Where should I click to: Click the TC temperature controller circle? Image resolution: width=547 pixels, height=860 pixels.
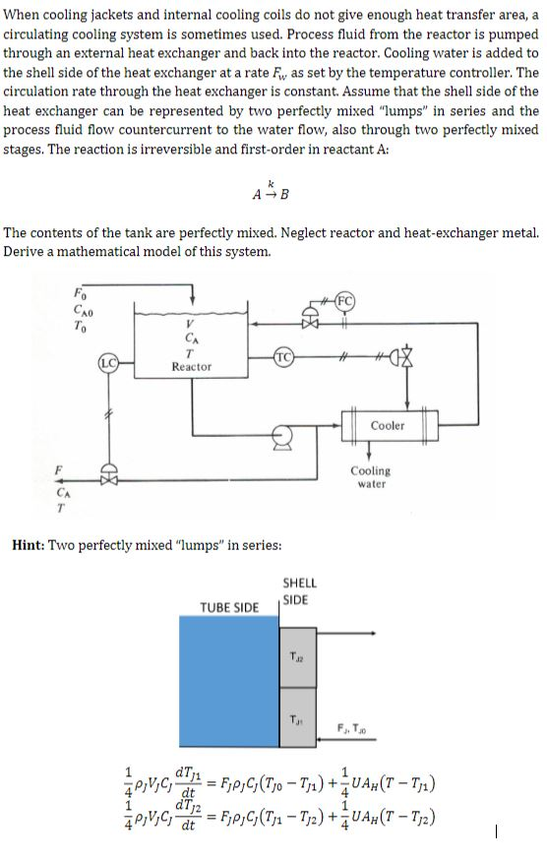[x=282, y=354]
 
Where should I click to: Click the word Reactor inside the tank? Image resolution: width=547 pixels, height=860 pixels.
[x=191, y=366]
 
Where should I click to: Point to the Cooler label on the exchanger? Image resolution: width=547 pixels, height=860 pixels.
[x=388, y=425]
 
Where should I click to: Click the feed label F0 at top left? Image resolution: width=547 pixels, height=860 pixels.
[x=80, y=290]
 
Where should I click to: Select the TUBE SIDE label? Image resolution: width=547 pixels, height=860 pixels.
[x=229, y=606]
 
